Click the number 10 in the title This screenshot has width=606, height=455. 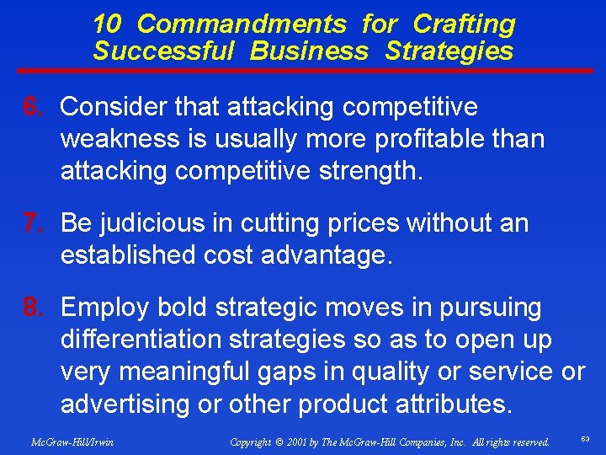(x=106, y=24)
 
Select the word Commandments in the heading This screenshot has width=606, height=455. (x=241, y=24)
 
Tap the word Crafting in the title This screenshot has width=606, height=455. (x=465, y=24)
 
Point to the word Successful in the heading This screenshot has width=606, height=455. (x=163, y=51)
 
